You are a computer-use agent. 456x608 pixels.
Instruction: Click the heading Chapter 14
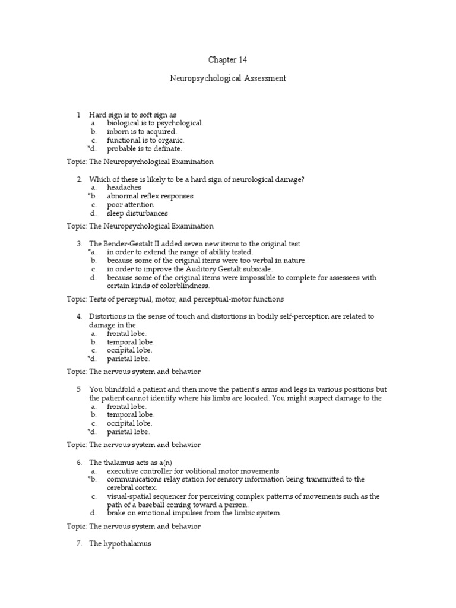tap(227, 60)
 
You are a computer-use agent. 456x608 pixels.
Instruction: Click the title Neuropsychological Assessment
tap(227, 78)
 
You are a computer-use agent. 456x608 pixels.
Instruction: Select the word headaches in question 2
tap(124, 188)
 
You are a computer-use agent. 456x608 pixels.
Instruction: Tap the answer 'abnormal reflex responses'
tap(150, 196)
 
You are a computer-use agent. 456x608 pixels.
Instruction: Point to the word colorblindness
tap(184, 286)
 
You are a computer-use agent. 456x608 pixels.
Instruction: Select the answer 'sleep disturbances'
tap(137, 213)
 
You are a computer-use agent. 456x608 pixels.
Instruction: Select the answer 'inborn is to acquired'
tap(142, 131)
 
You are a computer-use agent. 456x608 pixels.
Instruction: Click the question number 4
tap(79, 316)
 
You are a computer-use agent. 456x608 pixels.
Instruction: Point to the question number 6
tap(79, 462)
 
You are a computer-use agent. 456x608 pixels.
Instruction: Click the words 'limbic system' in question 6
tap(257, 513)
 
